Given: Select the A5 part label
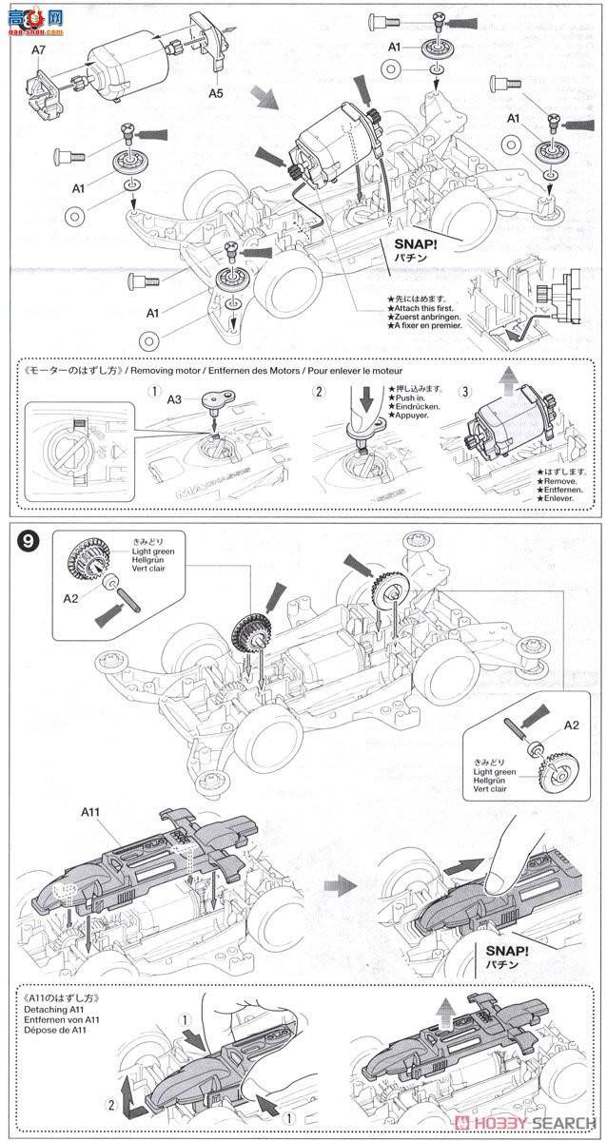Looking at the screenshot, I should point(217,93).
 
